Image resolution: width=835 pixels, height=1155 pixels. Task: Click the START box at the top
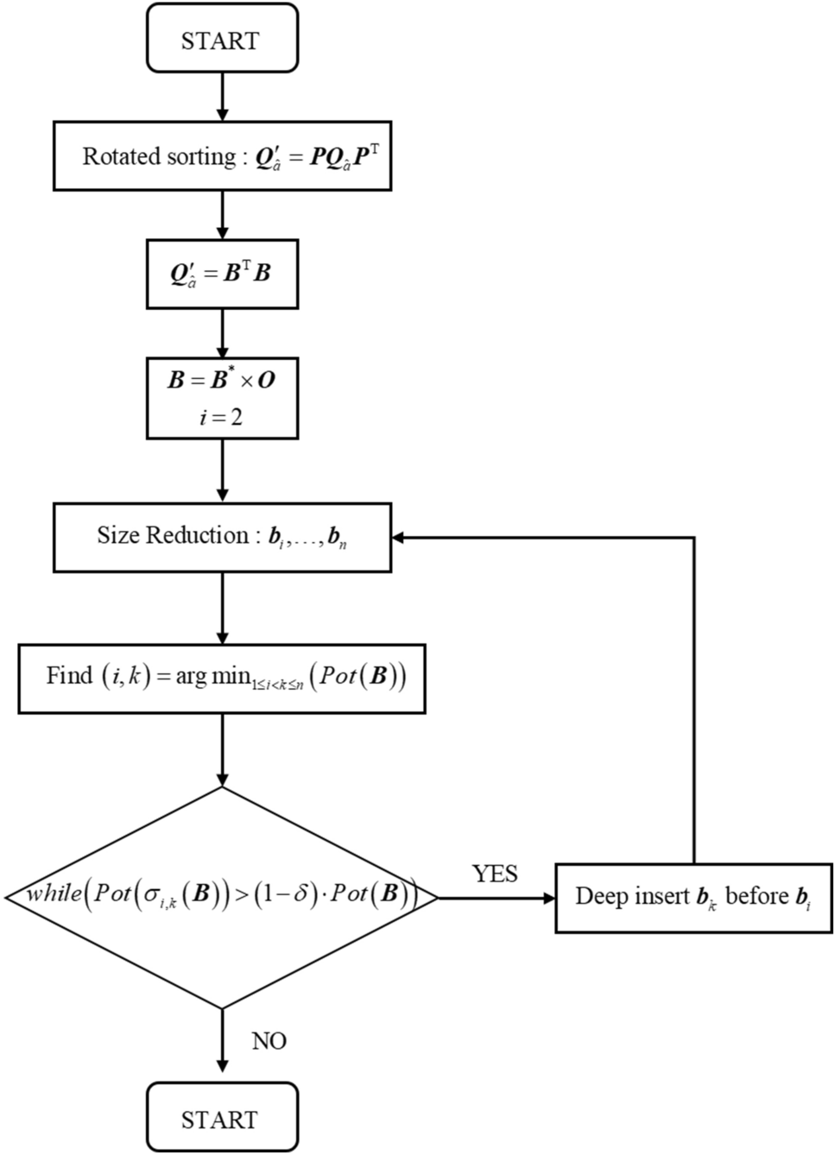(x=222, y=40)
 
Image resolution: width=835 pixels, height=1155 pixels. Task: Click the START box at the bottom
(x=222, y=1119)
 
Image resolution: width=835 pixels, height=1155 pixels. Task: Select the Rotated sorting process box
(x=222, y=156)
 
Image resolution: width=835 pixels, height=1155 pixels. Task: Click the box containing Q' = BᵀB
(x=222, y=274)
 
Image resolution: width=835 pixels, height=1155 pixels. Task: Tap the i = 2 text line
(x=221, y=417)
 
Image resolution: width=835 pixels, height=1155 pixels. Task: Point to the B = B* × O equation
(x=221, y=380)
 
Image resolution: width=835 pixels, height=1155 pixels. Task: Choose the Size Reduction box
(x=222, y=537)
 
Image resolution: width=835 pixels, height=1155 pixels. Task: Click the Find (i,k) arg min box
(x=222, y=678)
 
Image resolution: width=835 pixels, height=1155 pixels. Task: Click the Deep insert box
(x=693, y=897)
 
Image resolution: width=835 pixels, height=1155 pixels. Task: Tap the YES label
(x=495, y=874)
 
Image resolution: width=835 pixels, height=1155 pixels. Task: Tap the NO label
(x=269, y=1041)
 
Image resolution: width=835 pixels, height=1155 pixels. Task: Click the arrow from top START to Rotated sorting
(x=222, y=97)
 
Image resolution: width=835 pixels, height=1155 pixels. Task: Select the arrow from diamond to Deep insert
(x=497, y=898)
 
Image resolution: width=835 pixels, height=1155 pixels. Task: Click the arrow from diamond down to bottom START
(x=222, y=1045)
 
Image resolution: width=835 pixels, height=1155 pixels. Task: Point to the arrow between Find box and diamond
(x=222, y=749)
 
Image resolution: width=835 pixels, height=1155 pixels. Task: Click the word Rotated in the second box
(x=112, y=156)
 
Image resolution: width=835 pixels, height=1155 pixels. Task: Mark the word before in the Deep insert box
(x=756, y=896)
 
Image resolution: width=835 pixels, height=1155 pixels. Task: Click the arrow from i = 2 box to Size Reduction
(x=222, y=471)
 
